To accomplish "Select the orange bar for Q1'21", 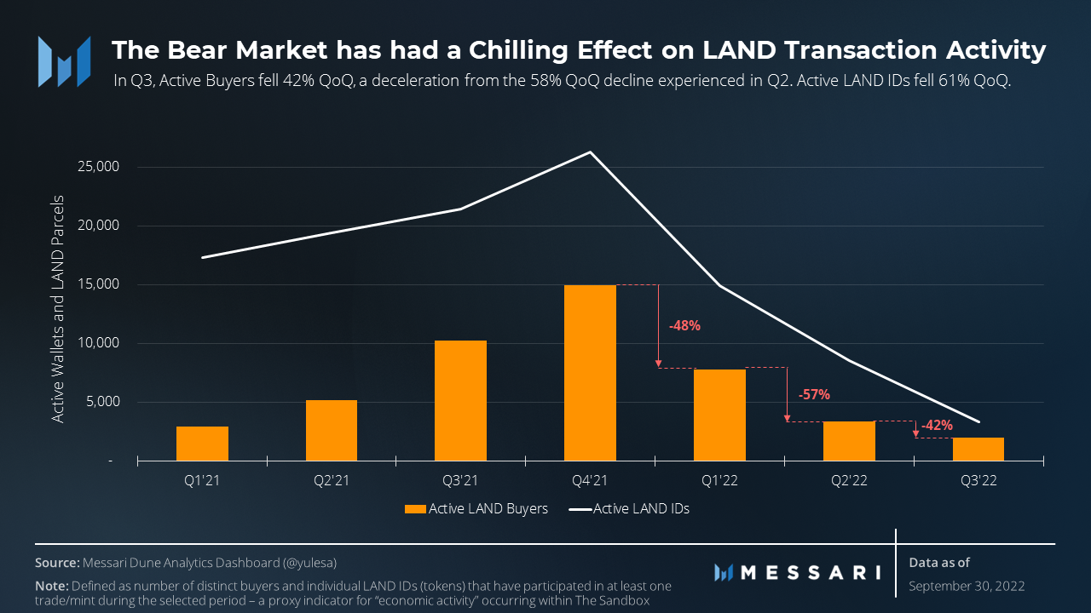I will [202, 444].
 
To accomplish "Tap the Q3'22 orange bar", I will [978, 449].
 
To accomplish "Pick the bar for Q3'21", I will [460, 400].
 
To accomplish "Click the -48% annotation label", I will [684, 325].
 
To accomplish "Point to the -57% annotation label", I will [813, 394].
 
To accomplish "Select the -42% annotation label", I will [937, 425].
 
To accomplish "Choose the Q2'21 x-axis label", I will [332, 481].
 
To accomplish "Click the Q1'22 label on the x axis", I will [719, 481].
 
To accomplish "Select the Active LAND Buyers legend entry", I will [476, 509].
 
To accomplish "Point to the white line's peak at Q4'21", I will [590, 152].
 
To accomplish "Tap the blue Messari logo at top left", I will [64, 60].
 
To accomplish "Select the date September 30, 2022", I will [967, 586].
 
